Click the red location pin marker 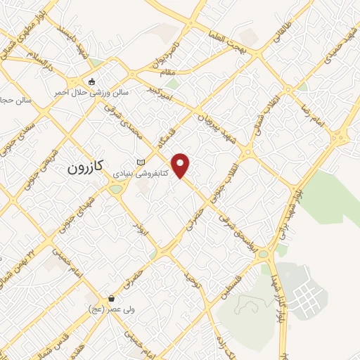pyautogui.click(x=182, y=165)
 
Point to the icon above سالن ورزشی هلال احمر pyautogui.click(x=91, y=80)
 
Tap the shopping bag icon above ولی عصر pyautogui.click(x=111, y=299)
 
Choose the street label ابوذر pyautogui.click(x=145, y=231)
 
